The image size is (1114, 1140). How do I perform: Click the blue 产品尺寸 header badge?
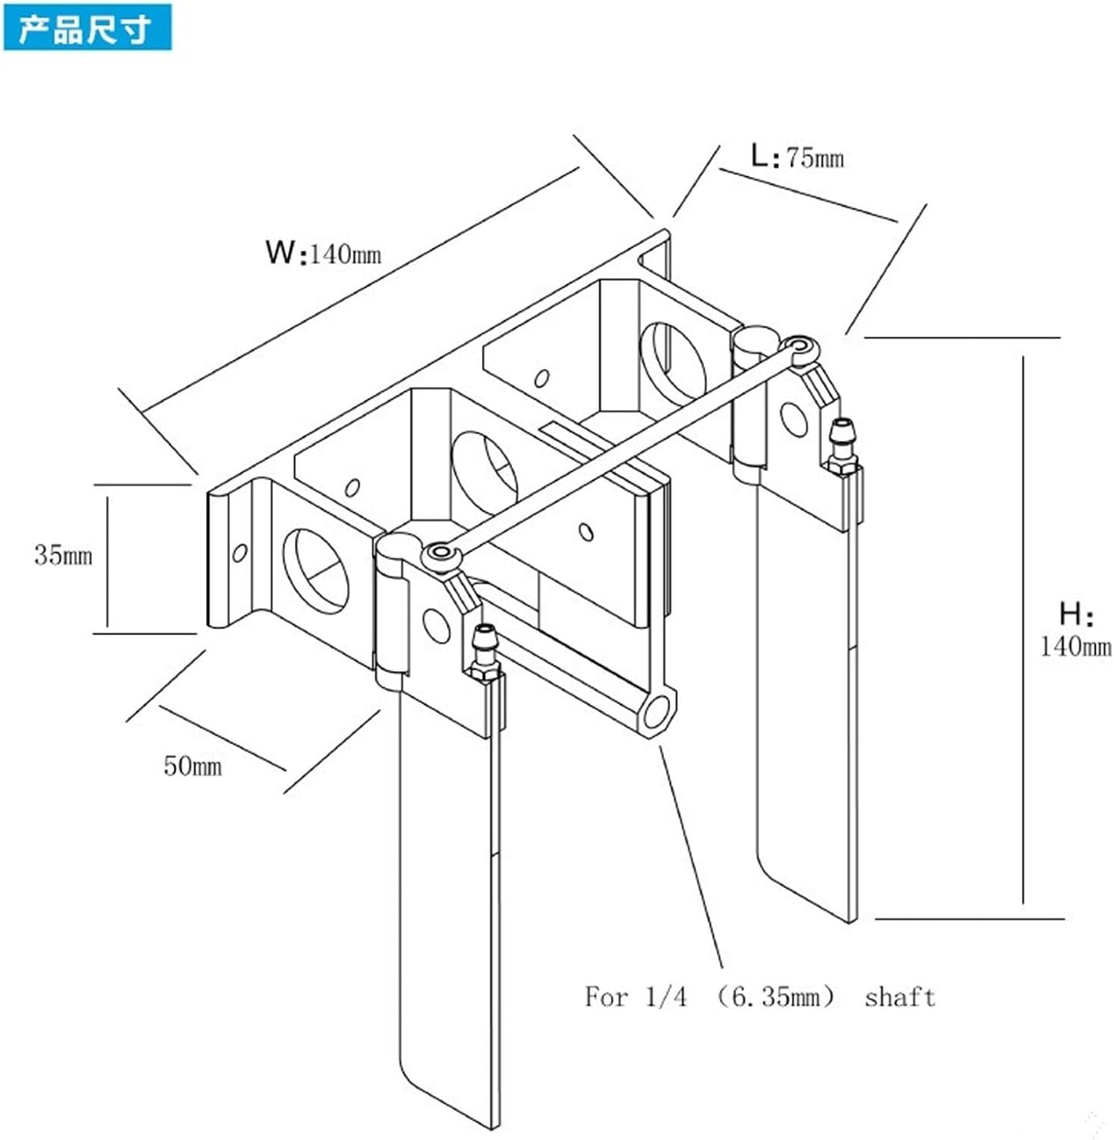tap(87, 29)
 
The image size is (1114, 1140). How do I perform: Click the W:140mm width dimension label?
tap(323, 252)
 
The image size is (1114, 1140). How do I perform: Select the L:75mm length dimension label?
tap(797, 157)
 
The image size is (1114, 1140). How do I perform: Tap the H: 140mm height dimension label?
tap(1075, 630)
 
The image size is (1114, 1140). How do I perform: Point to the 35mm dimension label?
tap(63, 555)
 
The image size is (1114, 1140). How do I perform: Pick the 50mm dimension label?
tap(193, 765)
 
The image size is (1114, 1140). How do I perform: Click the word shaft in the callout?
tap(900, 996)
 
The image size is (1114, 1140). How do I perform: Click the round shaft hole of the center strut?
tap(657, 713)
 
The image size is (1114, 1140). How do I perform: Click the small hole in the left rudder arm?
tap(436, 625)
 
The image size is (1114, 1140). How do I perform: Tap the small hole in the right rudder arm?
tap(794, 419)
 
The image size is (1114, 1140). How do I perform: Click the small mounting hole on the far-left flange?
tap(239, 553)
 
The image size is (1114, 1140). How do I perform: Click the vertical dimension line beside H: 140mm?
tap(1023, 630)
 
